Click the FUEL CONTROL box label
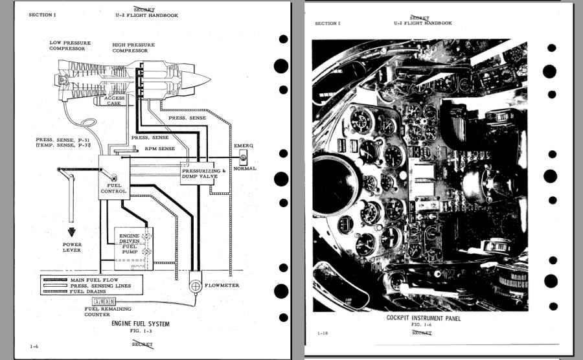click(x=113, y=188)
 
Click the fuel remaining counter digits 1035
click(x=104, y=302)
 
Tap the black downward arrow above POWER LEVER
click(x=71, y=231)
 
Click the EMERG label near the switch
click(x=244, y=146)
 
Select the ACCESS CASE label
click(x=114, y=100)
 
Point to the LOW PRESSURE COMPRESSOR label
click(x=67, y=46)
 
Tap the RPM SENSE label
click(x=159, y=148)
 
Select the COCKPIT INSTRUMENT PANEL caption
click(x=424, y=318)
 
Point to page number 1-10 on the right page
click(x=322, y=333)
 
